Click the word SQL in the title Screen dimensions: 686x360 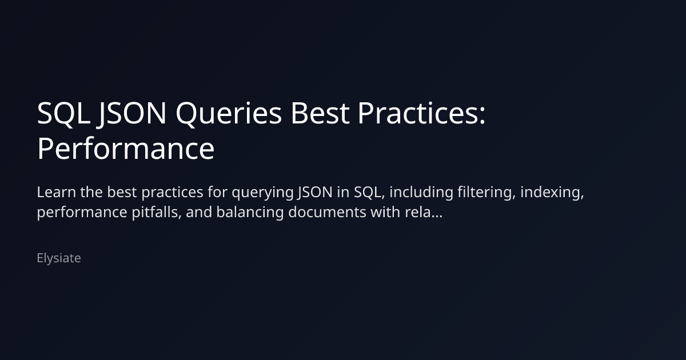pos(63,114)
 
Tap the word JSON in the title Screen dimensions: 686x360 pos(132,114)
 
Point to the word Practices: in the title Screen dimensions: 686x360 pos(421,113)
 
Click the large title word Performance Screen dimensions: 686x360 pos(126,149)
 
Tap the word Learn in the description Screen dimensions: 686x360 pos(57,192)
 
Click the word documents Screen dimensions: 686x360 pos(327,212)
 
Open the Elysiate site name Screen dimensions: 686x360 pos(59,258)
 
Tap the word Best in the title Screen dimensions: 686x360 pos(320,114)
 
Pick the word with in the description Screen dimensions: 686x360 pos(385,212)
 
